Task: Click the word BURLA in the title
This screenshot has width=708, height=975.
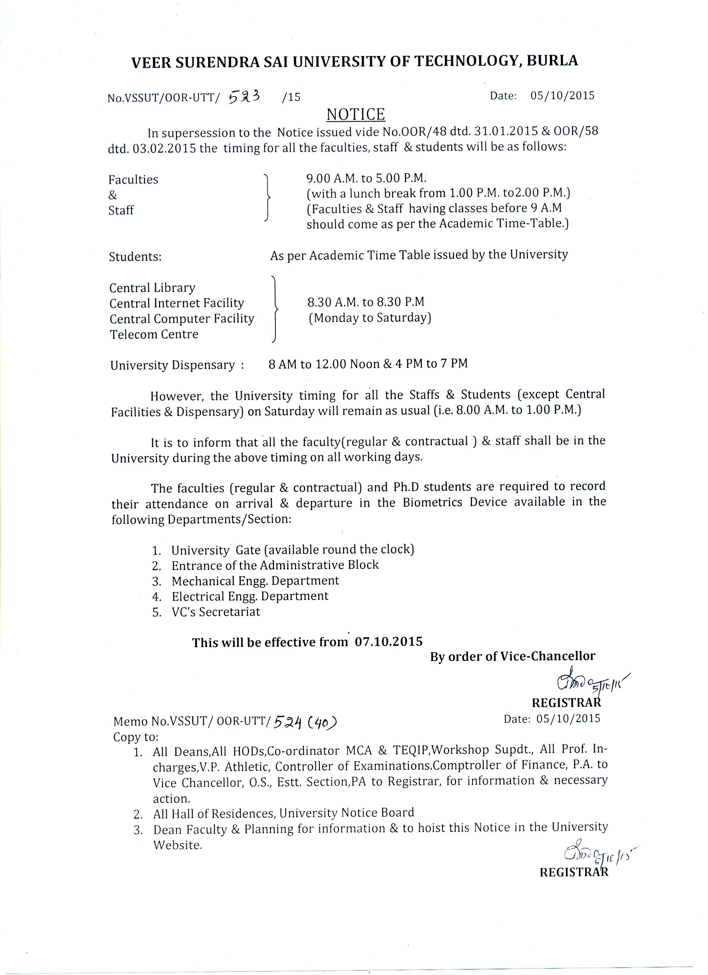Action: [x=552, y=61]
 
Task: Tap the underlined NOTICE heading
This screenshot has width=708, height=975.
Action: [x=356, y=115]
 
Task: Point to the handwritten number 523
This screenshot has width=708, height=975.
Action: [x=244, y=97]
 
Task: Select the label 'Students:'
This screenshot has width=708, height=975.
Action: [x=135, y=257]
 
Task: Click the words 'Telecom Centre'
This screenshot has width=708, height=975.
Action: [x=154, y=334]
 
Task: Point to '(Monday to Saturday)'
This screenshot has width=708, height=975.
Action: [x=370, y=318]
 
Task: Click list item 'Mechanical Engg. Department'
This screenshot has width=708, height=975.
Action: [x=255, y=581]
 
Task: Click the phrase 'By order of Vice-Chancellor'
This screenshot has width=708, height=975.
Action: [x=513, y=656]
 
